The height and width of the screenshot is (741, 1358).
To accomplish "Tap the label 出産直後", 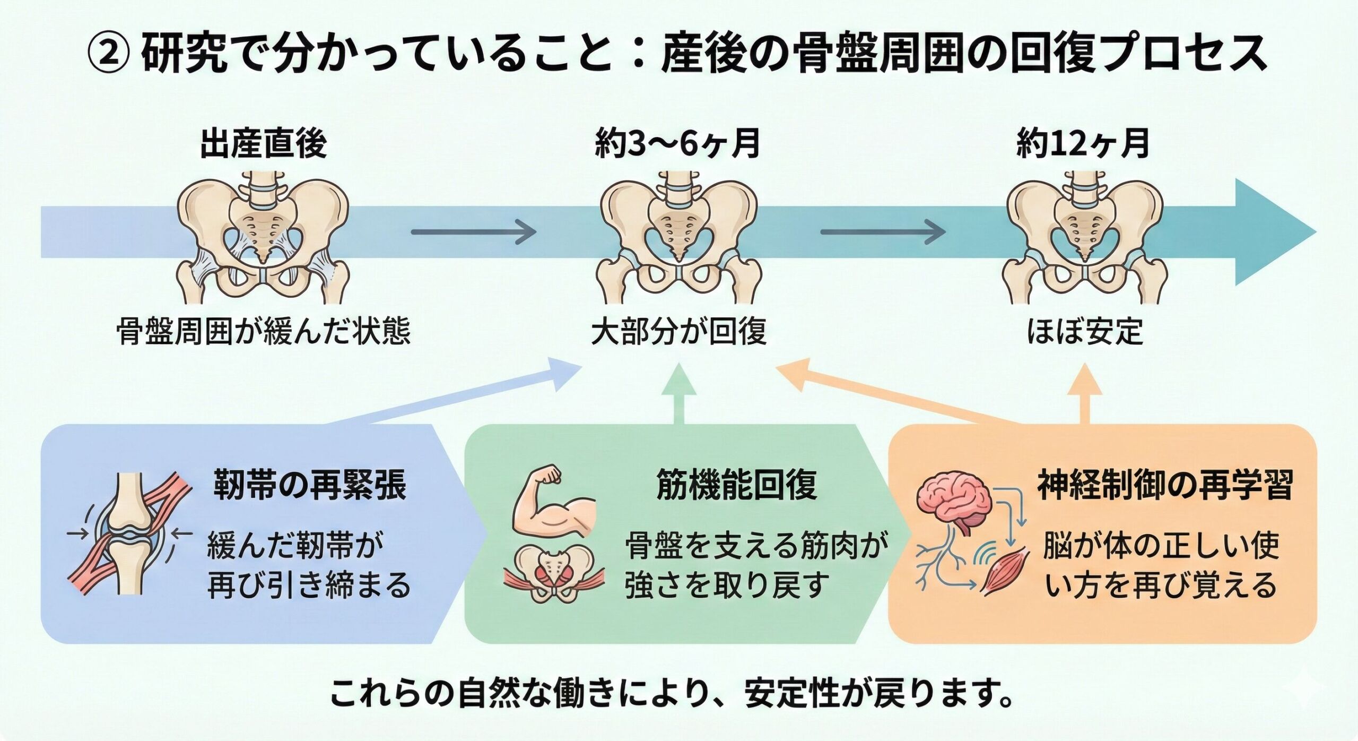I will (x=264, y=143).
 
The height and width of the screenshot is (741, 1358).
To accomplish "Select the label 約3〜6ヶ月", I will (x=678, y=143).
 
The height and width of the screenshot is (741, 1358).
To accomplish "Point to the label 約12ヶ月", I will (x=1083, y=143).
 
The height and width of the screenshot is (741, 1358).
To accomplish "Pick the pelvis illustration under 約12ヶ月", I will (x=1085, y=236).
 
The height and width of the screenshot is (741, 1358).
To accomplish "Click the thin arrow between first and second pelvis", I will (x=473, y=232).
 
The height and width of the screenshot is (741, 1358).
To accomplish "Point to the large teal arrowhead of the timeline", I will (x=1273, y=232).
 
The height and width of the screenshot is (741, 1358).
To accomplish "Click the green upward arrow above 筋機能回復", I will (x=679, y=393).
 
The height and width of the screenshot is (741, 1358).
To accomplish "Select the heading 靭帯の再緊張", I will (x=310, y=485).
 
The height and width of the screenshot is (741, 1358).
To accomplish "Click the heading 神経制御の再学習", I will (x=1165, y=485).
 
